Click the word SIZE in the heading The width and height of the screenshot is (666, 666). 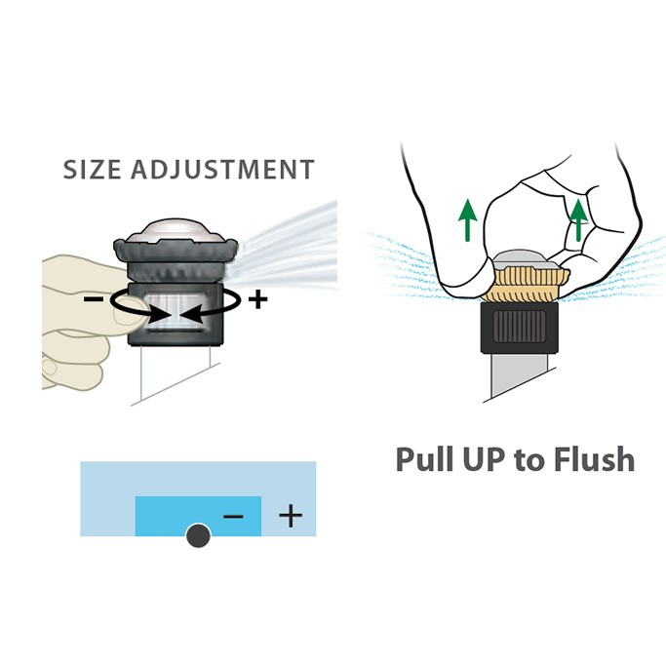click(92, 169)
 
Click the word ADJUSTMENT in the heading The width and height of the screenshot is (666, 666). click(222, 169)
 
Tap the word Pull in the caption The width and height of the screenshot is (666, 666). click(426, 459)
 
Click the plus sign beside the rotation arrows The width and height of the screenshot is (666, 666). click(257, 299)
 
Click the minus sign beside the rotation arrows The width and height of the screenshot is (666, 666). click(94, 299)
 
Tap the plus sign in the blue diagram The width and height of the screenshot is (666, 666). click(291, 516)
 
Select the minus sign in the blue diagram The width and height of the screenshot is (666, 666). click(233, 516)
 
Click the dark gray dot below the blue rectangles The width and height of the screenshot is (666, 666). click(198, 535)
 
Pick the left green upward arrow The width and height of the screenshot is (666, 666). click(468, 219)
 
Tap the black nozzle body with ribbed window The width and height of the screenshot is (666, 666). click(519, 327)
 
